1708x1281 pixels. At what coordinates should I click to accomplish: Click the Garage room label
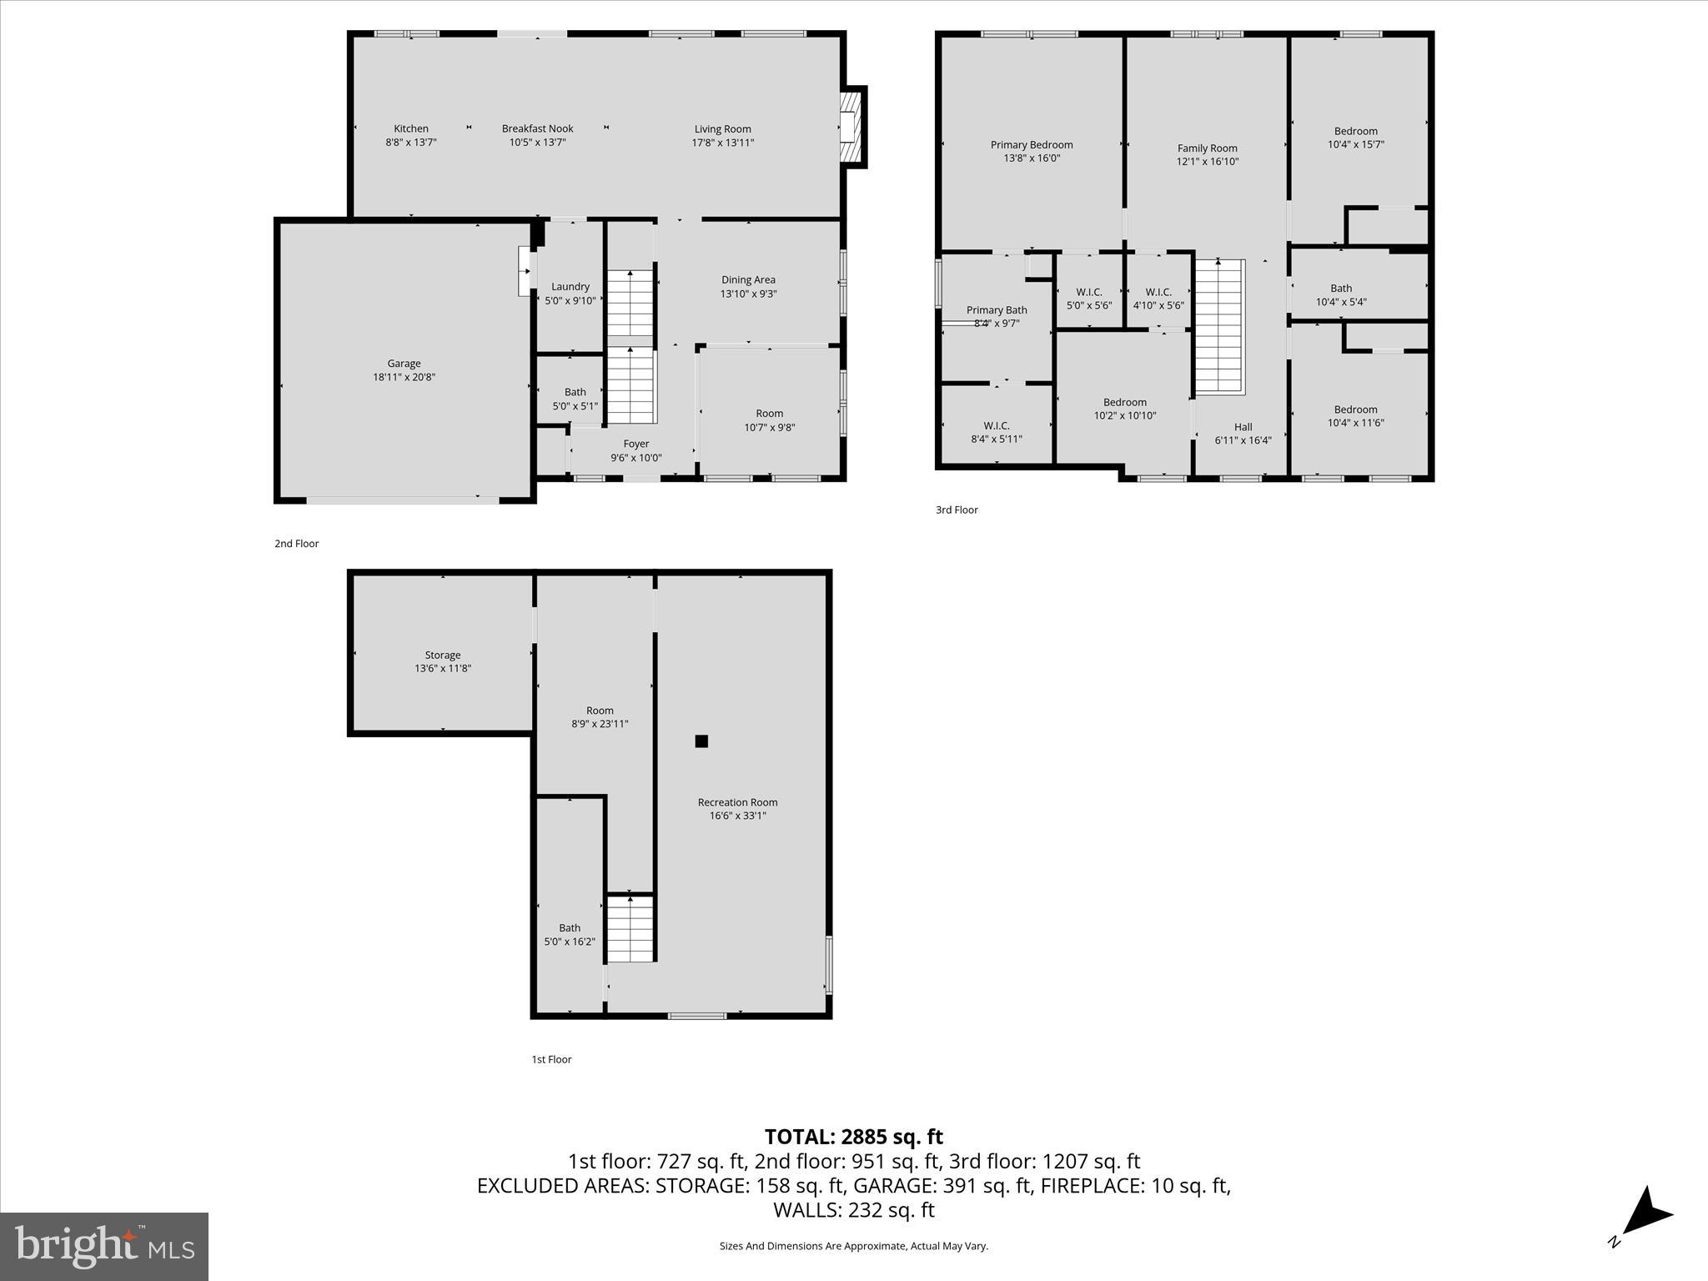point(404,364)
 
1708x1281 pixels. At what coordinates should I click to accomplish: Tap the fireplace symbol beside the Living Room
point(850,128)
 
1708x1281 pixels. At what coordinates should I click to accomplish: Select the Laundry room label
point(570,287)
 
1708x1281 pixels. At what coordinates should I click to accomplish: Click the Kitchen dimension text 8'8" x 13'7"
point(411,143)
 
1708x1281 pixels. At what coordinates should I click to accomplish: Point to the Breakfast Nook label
point(537,128)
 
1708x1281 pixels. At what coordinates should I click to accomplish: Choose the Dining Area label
point(748,280)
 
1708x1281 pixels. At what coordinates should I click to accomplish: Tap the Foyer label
point(635,444)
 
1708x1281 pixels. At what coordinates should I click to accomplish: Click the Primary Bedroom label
point(1032,145)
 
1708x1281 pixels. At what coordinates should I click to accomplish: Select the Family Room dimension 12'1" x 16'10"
point(1208,162)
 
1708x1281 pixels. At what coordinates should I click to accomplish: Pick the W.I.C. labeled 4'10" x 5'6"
point(1158,299)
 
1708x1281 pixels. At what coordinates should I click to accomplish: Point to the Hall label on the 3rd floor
point(1243,427)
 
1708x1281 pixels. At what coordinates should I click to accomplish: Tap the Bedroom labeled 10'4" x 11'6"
point(1355,415)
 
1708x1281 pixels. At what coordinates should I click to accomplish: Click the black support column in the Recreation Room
point(701,741)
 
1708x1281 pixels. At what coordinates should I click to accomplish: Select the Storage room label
point(442,656)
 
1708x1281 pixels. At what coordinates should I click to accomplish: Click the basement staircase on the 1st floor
point(630,927)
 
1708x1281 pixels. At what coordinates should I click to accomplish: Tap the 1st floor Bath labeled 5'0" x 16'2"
point(570,934)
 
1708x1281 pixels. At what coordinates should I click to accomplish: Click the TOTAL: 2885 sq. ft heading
point(853,1137)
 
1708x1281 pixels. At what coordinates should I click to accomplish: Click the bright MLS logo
point(104,1246)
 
